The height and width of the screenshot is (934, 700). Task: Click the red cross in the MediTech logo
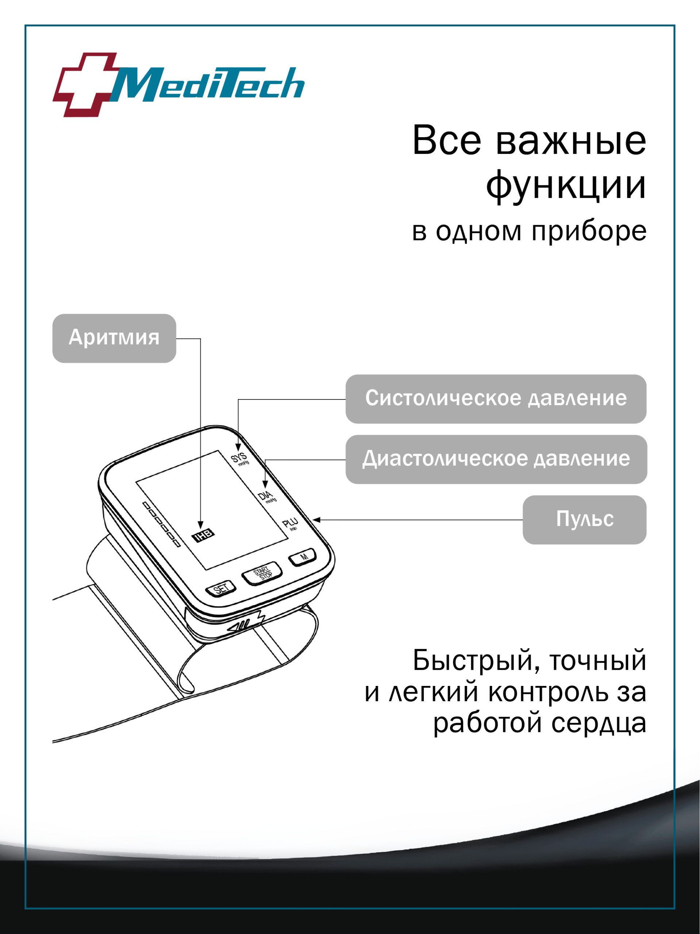[85, 84]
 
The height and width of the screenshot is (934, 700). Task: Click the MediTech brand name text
[209, 84]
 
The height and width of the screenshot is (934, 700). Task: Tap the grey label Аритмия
[114, 338]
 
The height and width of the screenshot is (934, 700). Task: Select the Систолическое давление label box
[496, 399]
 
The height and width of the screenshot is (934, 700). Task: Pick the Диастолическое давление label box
[496, 459]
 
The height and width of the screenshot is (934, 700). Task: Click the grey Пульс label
[584, 520]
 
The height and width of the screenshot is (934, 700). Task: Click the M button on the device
[303, 557]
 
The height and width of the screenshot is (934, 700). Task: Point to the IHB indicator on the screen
[203, 535]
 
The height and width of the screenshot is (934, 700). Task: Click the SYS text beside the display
[239, 458]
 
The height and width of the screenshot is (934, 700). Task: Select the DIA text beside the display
[265, 496]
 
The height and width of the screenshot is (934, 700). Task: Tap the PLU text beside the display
[290, 524]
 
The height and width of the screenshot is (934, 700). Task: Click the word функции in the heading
[566, 186]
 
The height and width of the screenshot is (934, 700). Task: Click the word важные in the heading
[570, 140]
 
